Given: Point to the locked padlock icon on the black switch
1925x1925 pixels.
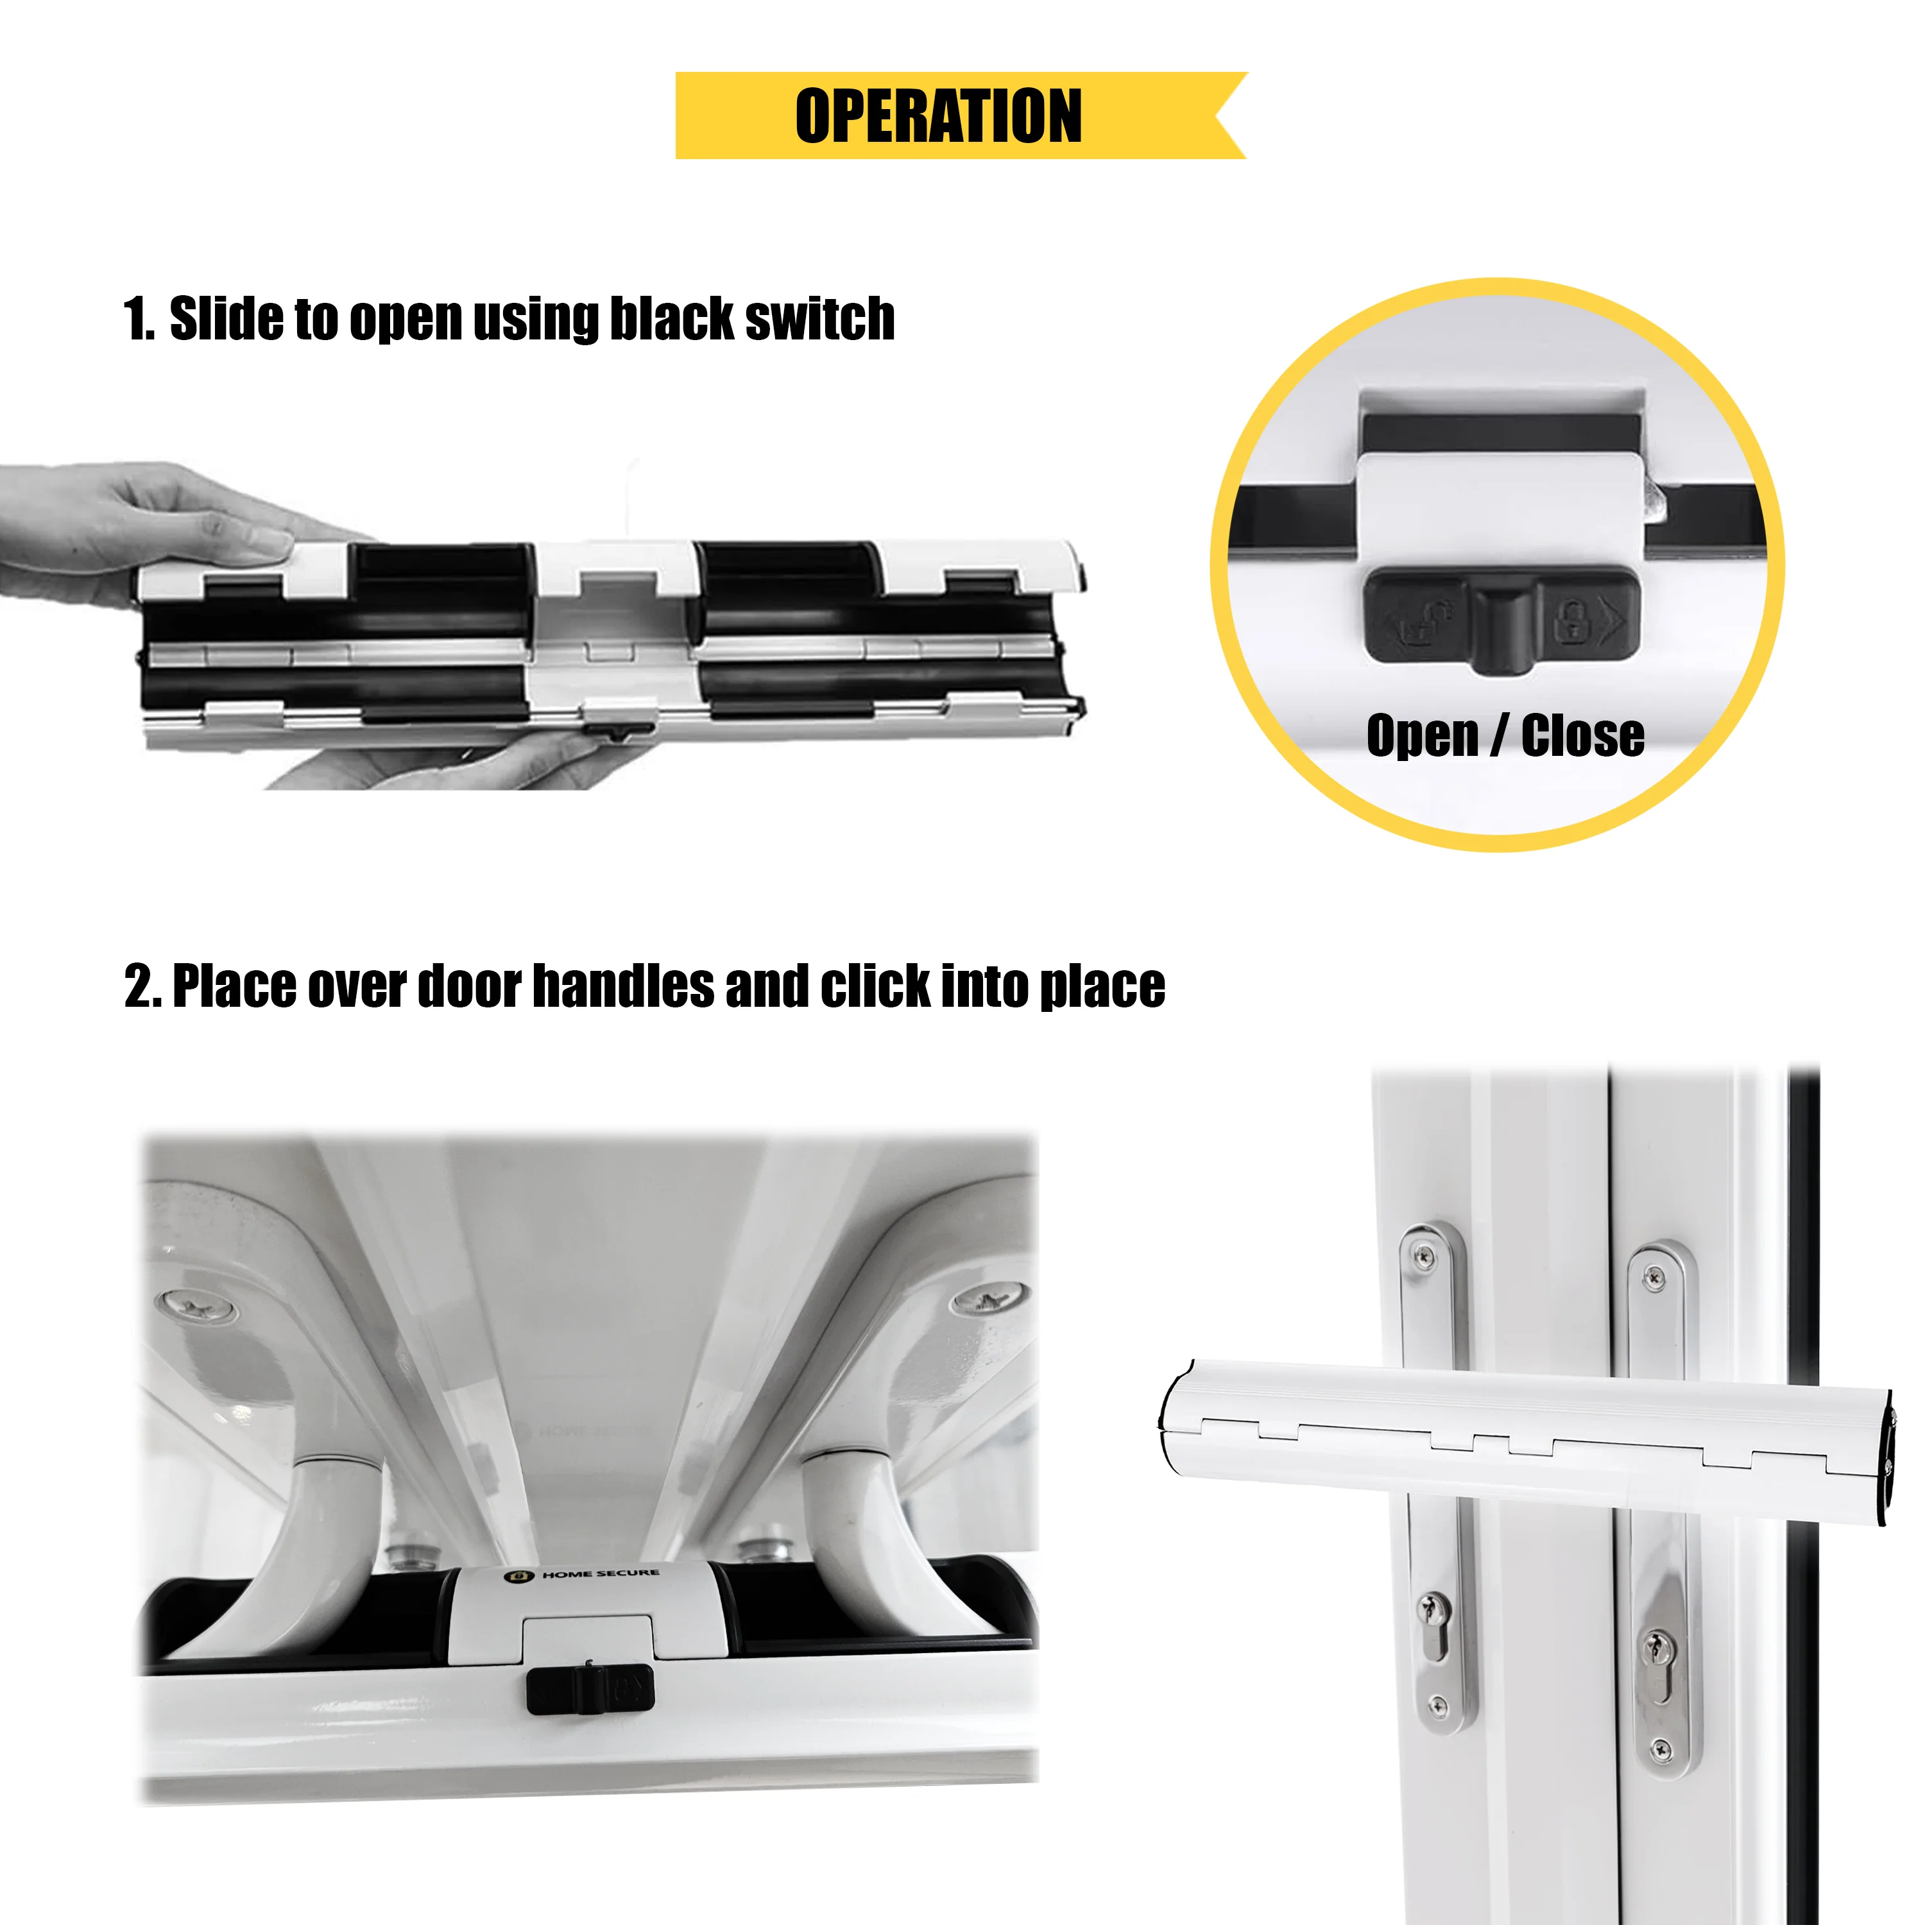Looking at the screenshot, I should [x=1571, y=620].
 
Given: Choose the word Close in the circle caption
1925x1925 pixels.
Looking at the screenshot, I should [x=1582, y=737].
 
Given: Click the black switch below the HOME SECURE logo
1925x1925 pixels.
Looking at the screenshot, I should [x=590, y=1689].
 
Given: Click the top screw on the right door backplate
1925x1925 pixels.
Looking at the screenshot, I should [x=1654, y=1276].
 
